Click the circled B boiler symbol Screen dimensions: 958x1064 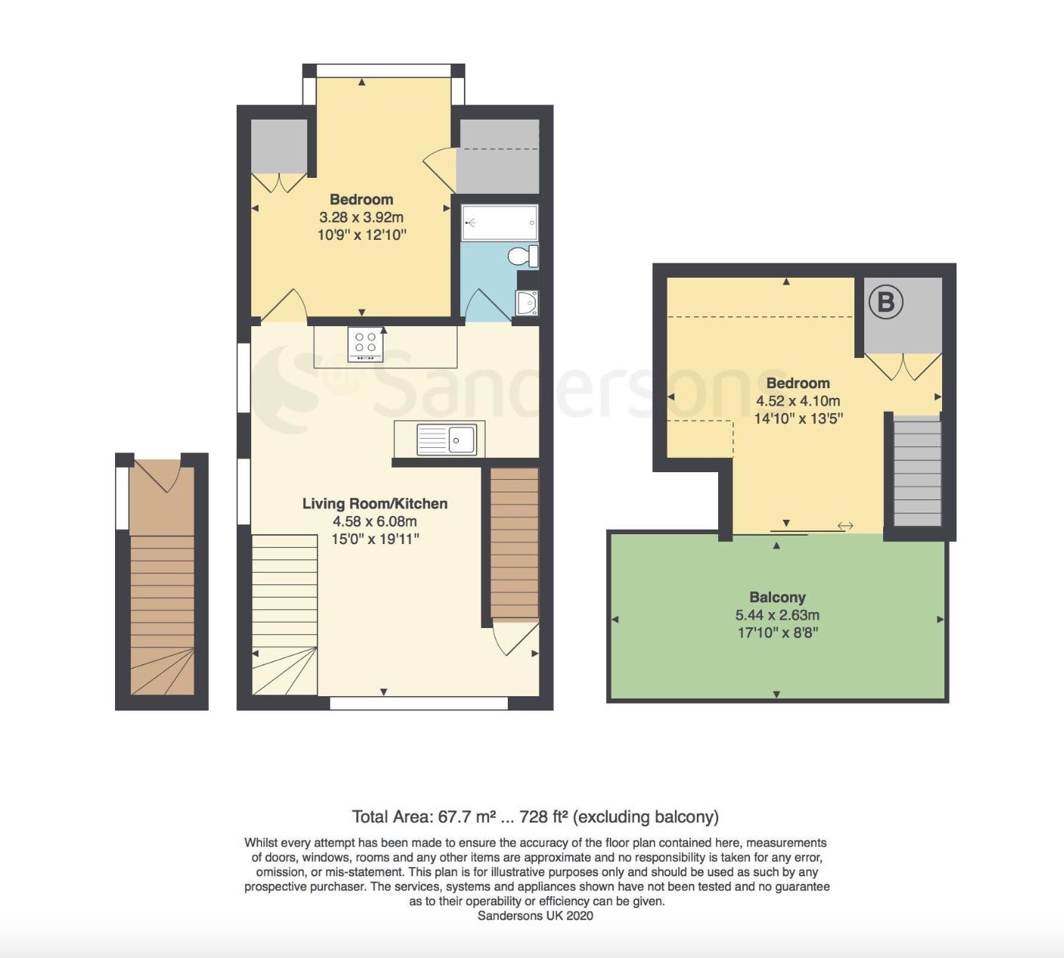click(885, 302)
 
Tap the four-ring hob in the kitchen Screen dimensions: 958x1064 click(366, 344)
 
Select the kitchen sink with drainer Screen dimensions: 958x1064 click(446, 439)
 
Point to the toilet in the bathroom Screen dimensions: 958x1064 click(523, 256)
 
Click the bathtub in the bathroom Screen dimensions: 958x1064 click(499, 222)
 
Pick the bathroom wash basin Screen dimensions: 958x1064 click(527, 303)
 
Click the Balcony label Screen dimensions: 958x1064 click(777, 597)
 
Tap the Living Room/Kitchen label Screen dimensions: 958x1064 click(375, 503)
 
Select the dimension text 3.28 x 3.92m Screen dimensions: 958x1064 click(361, 217)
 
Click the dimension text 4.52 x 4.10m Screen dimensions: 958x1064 click(798, 401)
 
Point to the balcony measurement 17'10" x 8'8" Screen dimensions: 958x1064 click(777, 633)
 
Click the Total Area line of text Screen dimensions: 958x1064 click(535, 816)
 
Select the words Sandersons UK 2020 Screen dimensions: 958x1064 click(535, 916)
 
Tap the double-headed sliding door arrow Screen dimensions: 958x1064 click(845, 526)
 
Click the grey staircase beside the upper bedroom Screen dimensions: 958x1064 click(917, 471)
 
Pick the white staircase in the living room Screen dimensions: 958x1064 click(285, 613)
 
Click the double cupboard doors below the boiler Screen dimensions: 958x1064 click(903, 366)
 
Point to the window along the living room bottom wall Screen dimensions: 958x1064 click(418, 703)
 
